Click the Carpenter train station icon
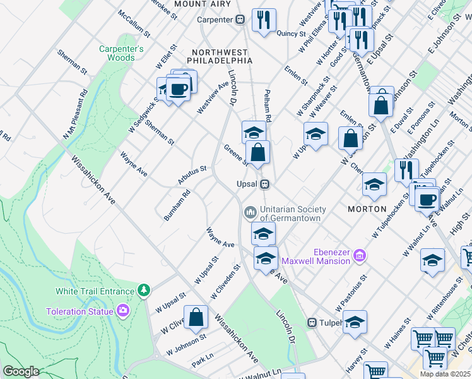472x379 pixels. [240, 20]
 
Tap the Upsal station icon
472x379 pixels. [266, 184]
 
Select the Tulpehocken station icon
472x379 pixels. [312, 322]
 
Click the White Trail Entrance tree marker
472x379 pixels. [145, 291]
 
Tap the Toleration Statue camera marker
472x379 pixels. [122, 311]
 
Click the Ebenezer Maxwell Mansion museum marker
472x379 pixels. [360, 256]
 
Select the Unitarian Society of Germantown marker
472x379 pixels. [250, 210]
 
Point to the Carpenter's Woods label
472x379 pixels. [121, 53]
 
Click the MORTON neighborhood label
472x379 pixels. [367, 208]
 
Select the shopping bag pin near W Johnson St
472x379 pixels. [196, 317]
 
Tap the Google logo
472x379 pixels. [21, 371]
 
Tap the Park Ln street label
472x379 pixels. [204, 364]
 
